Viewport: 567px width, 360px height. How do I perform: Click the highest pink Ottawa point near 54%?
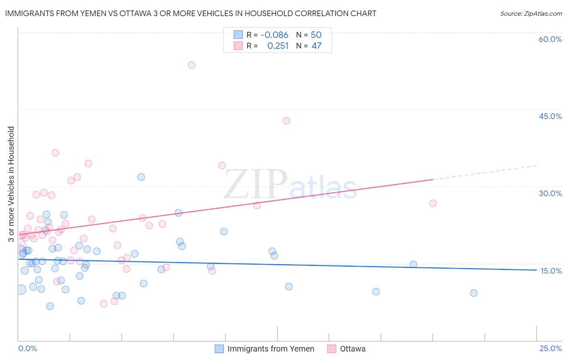(192, 65)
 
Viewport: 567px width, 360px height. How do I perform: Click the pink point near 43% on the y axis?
(286, 120)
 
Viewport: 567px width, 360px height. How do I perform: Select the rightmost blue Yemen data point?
(474, 293)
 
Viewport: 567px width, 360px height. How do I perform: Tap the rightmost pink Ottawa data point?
(433, 203)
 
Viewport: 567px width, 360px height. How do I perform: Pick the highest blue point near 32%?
(141, 177)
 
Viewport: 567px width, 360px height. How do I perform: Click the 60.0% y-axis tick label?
(550, 39)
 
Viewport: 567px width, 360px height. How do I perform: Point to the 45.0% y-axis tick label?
(550, 116)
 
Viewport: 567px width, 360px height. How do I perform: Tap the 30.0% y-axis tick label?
(550, 193)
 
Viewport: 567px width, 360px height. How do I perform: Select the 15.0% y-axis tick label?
(551, 271)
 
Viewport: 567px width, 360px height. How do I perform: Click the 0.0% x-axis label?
(27, 348)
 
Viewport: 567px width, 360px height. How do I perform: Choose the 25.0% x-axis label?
(550, 348)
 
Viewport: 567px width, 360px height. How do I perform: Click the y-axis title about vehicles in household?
(11, 184)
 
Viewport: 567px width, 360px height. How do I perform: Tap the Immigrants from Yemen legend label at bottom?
(271, 349)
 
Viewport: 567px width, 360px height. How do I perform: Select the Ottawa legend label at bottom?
(352, 349)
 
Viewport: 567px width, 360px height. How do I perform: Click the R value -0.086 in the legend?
(274, 35)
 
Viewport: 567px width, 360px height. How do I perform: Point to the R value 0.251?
(278, 46)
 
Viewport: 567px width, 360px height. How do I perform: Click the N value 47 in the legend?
(317, 46)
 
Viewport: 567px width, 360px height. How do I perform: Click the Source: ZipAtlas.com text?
(531, 14)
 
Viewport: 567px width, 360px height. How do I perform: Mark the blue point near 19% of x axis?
(413, 264)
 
